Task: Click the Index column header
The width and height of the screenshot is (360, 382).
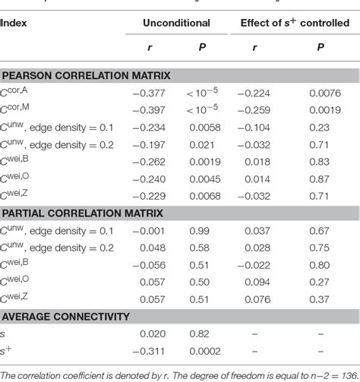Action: (15, 24)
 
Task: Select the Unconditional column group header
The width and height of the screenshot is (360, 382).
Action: (172, 24)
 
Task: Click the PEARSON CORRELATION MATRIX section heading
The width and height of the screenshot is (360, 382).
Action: (85, 76)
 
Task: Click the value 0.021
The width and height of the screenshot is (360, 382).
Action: (201, 144)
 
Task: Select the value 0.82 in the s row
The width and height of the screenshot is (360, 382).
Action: (201, 334)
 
